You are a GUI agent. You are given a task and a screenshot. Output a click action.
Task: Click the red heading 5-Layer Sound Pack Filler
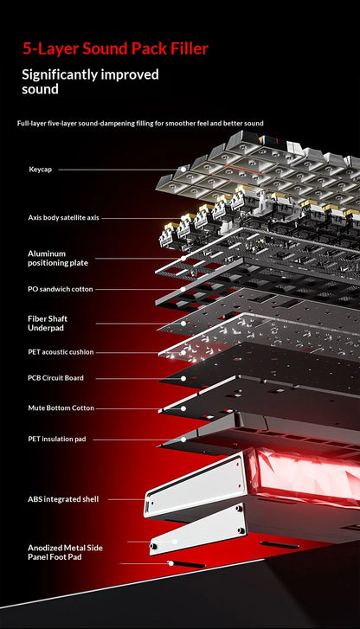(x=115, y=49)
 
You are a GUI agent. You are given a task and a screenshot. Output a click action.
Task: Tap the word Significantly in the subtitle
(x=60, y=75)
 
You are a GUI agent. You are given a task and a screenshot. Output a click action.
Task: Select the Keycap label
(x=40, y=170)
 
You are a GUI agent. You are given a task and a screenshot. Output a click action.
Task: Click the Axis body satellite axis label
(x=63, y=218)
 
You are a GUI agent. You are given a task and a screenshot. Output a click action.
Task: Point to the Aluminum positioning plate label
(x=58, y=259)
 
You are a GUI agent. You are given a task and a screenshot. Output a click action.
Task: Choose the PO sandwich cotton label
(x=61, y=289)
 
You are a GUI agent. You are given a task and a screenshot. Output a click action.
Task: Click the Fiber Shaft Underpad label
(x=48, y=324)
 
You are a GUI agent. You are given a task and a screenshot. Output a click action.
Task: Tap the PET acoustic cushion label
(x=61, y=352)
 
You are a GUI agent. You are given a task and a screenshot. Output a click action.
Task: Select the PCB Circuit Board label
(x=55, y=378)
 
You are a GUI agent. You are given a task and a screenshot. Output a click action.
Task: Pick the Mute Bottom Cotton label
(x=61, y=408)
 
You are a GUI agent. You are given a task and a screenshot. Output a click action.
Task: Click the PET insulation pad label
(x=57, y=440)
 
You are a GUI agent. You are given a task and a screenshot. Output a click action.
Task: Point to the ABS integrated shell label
(x=63, y=499)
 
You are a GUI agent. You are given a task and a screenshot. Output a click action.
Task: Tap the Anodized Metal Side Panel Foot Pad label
(x=65, y=552)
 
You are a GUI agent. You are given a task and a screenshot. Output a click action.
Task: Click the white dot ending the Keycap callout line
(x=183, y=170)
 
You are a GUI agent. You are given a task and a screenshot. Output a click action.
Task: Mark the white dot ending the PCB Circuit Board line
(x=183, y=378)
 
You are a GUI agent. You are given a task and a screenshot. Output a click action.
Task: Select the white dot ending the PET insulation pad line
(x=183, y=440)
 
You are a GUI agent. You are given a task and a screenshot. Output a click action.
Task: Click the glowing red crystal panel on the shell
(x=305, y=475)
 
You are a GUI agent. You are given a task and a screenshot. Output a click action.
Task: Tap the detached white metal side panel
(x=198, y=530)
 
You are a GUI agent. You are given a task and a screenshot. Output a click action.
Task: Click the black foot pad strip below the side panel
(x=187, y=564)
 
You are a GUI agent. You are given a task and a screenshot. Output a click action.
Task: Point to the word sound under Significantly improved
(x=40, y=89)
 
